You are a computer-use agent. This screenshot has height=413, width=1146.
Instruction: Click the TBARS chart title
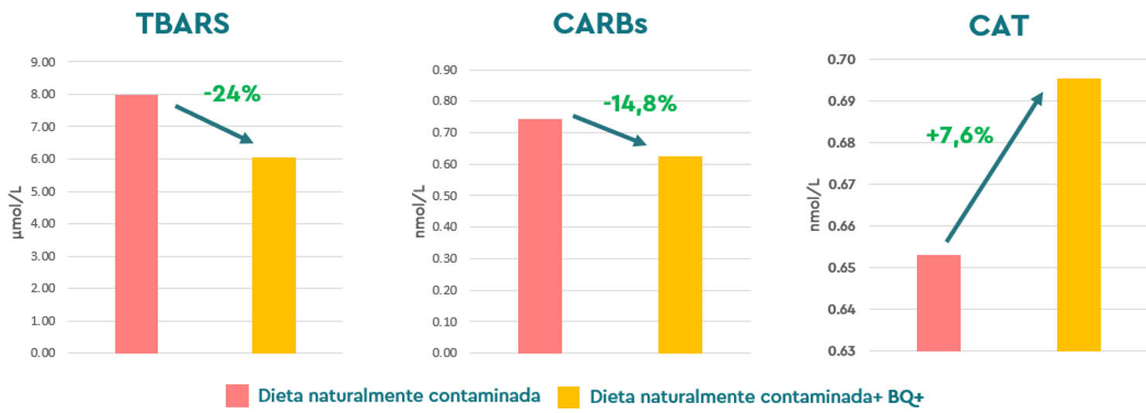(x=184, y=23)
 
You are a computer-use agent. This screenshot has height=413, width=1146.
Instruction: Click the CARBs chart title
(x=600, y=23)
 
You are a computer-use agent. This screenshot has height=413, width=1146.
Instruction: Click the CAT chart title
(x=999, y=26)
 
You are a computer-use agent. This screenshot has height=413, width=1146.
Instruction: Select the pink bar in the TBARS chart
(x=136, y=224)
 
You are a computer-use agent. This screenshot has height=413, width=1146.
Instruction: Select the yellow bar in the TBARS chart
(x=274, y=256)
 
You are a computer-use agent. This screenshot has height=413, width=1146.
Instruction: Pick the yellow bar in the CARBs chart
(x=680, y=255)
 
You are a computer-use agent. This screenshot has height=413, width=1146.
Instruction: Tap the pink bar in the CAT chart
(x=938, y=303)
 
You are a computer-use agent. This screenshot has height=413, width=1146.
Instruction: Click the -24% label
(x=232, y=95)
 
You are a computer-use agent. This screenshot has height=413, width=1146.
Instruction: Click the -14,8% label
(x=640, y=104)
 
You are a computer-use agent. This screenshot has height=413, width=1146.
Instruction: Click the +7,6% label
(x=959, y=136)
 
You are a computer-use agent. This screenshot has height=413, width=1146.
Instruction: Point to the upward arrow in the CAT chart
(x=994, y=167)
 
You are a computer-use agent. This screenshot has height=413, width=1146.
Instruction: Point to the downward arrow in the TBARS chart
(x=214, y=124)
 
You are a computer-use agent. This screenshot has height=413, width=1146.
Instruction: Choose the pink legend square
(x=237, y=395)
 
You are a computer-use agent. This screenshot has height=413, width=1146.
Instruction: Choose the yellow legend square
(x=568, y=397)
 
